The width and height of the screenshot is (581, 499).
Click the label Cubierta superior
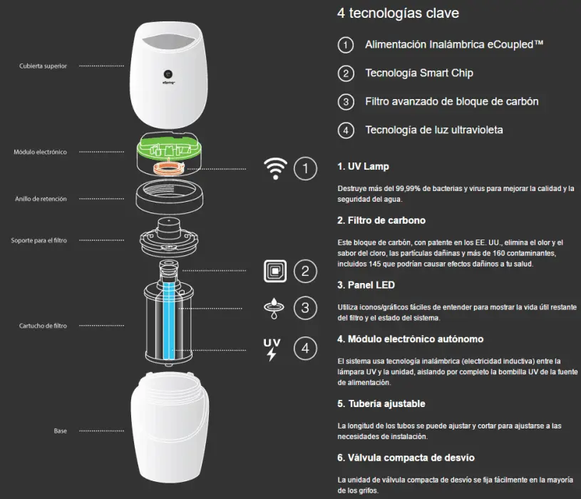[43, 66]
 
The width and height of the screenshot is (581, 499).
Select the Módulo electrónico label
[40, 152]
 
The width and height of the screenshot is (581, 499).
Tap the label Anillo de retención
[41, 199]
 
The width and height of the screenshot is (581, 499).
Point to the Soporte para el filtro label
[40, 240]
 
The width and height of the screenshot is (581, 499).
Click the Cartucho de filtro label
[43, 326]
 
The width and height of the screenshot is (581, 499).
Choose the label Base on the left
[60, 431]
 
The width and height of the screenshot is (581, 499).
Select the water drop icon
[272, 307]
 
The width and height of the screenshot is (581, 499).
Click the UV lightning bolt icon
[272, 349]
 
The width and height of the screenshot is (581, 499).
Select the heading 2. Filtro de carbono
[381, 220]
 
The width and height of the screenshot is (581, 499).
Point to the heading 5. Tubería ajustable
[381, 403]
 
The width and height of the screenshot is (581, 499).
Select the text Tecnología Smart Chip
[419, 73]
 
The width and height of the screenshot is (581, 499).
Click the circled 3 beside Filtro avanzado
[346, 102]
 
